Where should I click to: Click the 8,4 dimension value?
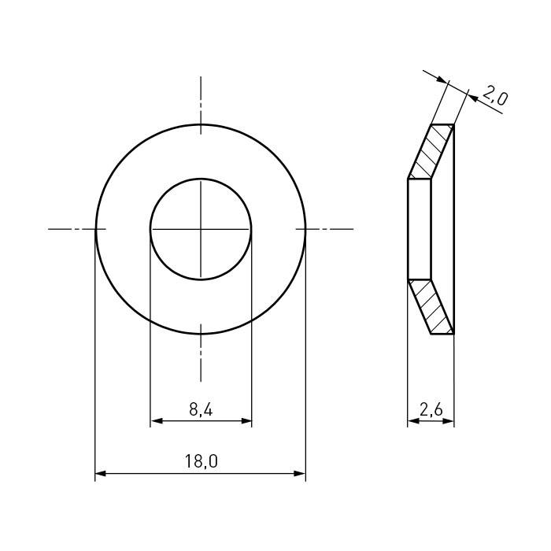click(201, 409)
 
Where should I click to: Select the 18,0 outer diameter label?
click(201, 461)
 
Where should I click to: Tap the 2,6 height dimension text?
click(431, 409)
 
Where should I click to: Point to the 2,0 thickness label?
click(495, 95)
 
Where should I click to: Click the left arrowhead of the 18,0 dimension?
click(101, 474)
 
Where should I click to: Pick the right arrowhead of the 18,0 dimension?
click(300, 474)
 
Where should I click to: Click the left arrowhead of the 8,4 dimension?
click(156, 420)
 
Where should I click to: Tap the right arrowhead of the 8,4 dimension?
click(246, 420)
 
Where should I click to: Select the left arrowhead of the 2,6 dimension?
click(413, 420)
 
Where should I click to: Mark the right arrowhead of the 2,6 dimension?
click(449, 420)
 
